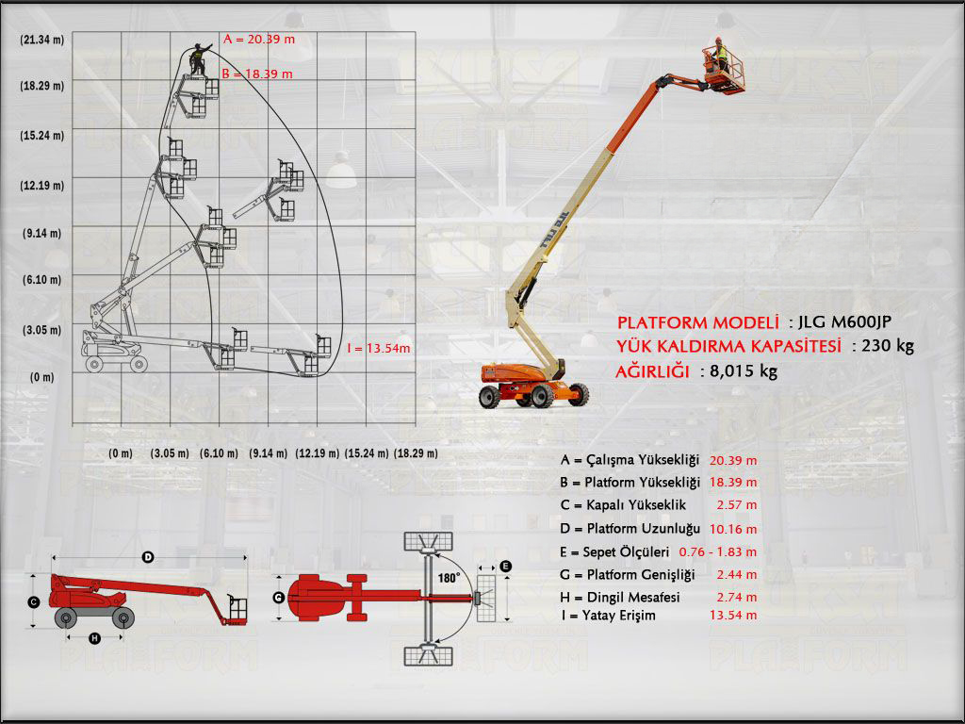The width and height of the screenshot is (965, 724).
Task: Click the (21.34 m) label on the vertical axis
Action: click(x=41, y=39)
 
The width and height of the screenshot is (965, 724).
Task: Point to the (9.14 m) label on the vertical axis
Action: click(x=41, y=233)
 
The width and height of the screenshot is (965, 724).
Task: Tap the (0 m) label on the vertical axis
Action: click(x=41, y=377)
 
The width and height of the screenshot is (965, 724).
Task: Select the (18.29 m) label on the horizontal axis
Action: click(x=416, y=453)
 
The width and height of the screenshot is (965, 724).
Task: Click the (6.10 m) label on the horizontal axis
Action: click(x=219, y=453)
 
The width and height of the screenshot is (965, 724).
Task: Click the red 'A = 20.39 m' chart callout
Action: click(x=259, y=39)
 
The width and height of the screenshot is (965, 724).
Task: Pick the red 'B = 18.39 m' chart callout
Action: click(x=256, y=73)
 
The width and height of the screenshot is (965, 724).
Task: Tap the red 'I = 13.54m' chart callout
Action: click(x=379, y=348)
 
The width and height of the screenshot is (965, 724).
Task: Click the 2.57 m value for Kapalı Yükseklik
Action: click(x=736, y=505)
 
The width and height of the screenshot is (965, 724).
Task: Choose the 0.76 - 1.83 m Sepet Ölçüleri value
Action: click(x=718, y=551)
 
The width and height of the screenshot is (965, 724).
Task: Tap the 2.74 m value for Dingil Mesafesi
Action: click(x=736, y=597)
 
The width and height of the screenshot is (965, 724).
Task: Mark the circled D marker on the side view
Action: click(x=148, y=558)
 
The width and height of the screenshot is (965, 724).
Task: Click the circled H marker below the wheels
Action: click(x=94, y=638)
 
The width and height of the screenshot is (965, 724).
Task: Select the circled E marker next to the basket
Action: click(x=506, y=566)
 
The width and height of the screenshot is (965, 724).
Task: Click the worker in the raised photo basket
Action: click(x=719, y=55)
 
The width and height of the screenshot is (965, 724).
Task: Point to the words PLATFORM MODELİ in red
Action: click(x=698, y=322)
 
